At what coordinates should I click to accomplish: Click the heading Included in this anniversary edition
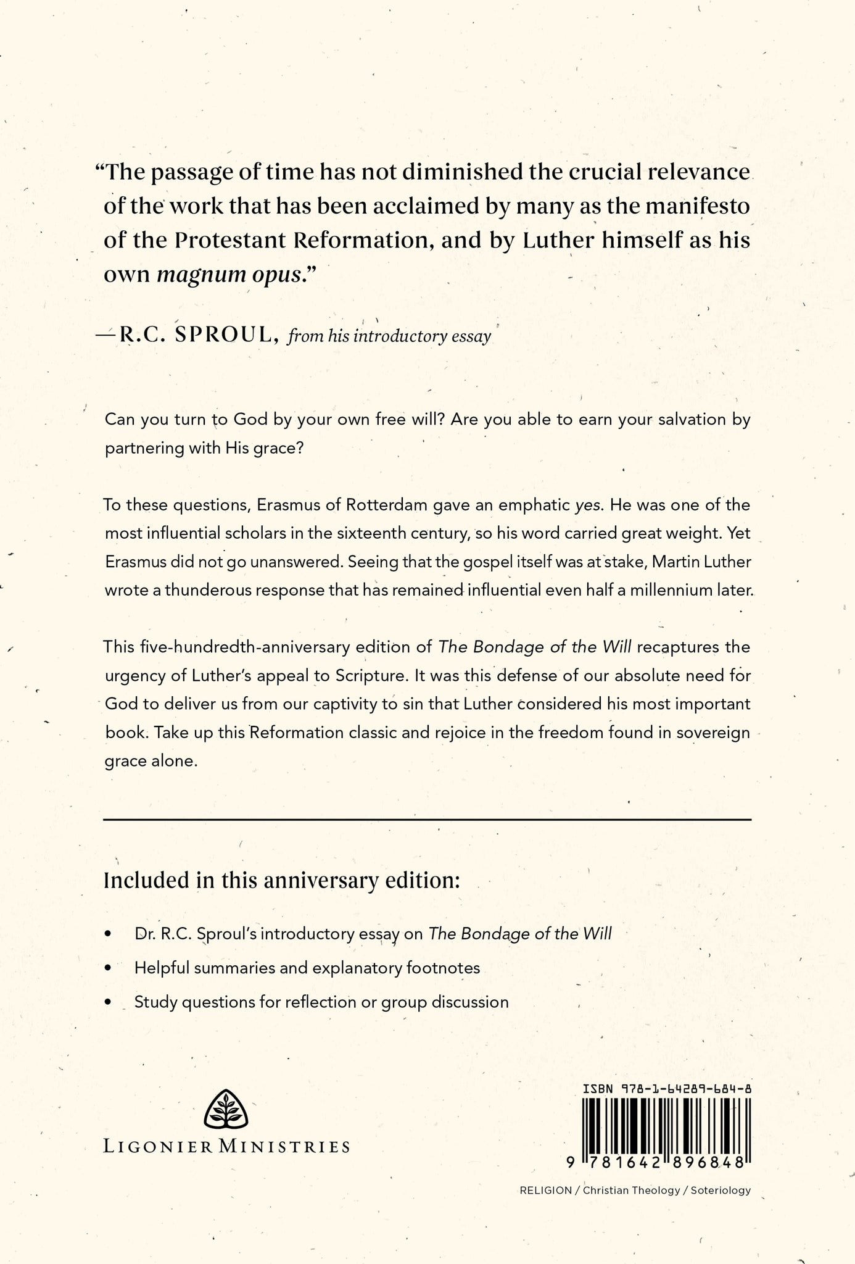pos(282,879)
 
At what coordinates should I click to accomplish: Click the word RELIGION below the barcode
pos(545,1190)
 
